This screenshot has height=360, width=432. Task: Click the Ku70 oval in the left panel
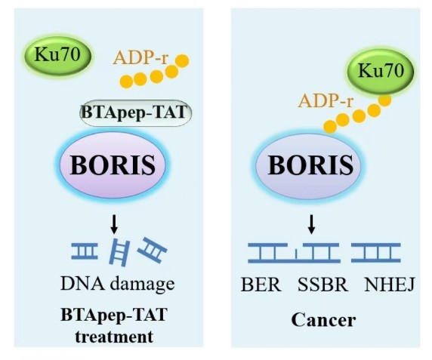click(x=58, y=55)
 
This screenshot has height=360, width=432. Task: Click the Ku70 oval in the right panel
click(x=381, y=71)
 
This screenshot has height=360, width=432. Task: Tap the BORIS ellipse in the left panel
click(x=113, y=165)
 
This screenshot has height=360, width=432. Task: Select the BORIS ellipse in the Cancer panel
click(x=310, y=165)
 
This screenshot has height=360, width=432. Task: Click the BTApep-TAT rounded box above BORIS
click(x=135, y=113)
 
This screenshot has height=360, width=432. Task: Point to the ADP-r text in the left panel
click(x=140, y=58)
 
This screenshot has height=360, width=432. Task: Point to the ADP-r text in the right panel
click(x=326, y=100)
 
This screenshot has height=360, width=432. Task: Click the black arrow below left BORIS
click(x=114, y=224)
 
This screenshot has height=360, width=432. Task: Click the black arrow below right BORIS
click(x=312, y=224)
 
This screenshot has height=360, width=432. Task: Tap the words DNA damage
click(x=118, y=284)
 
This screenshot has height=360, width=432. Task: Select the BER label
click(x=261, y=285)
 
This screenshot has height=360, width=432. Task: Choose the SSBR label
click(x=322, y=285)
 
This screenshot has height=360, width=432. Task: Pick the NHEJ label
click(x=389, y=285)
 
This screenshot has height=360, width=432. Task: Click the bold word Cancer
click(x=323, y=320)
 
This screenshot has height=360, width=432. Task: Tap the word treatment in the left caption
click(x=114, y=337)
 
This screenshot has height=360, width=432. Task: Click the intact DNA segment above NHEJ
click(x=376, y=253)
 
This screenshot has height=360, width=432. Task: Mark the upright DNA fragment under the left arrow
click(x=119, y=253)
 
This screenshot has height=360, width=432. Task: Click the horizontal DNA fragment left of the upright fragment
click(x=85, y=251)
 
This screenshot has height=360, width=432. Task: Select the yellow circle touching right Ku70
click(x=384, y=100)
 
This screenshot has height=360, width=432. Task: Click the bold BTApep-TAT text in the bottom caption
click(x=114, y=315)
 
